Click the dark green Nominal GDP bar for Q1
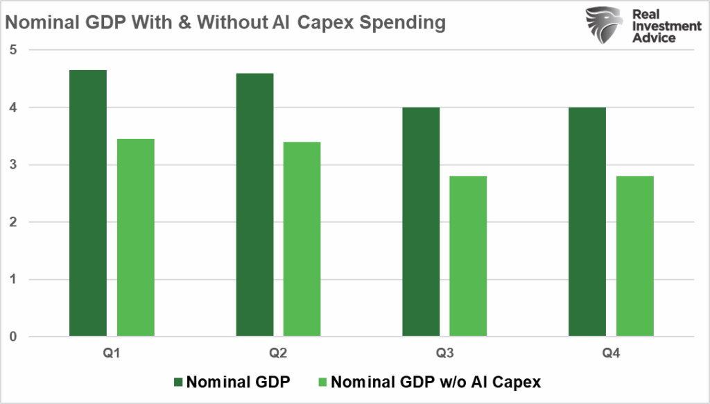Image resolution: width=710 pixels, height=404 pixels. click(88, 203)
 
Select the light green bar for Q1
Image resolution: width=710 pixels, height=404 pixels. click(136, 238)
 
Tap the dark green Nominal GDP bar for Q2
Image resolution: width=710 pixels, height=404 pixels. click(254, 205)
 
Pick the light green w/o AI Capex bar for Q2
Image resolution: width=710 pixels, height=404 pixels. click(302, 239)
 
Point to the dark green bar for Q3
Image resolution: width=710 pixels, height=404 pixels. click(421, 222)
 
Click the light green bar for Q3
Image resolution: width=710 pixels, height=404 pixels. click(468, 257)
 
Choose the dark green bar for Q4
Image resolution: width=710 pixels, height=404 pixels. click(587, 222)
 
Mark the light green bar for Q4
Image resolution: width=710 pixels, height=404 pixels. click(634, 257)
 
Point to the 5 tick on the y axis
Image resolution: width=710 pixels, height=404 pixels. click(13, 50)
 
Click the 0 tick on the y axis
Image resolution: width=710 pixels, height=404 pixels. click(13, 337)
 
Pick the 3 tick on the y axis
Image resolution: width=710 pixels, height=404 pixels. click(13, 165)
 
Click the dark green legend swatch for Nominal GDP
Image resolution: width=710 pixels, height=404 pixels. click(178, 382)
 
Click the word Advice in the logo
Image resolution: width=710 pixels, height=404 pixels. click(657, 37)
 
